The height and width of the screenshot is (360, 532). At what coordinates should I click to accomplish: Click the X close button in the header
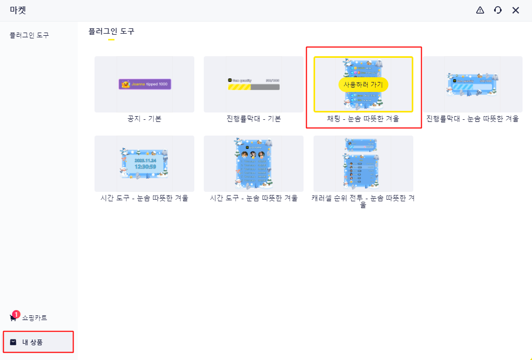(516, 10)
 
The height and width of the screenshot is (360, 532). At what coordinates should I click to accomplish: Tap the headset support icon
(498, 10)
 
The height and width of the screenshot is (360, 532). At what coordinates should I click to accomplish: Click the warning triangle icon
(480, 10)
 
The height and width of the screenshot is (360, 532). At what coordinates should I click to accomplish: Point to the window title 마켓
(18, 10)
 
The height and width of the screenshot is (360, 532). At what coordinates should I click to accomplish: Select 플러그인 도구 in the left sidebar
(29, 35)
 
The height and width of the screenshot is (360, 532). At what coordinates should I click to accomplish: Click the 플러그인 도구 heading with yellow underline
(111, 32)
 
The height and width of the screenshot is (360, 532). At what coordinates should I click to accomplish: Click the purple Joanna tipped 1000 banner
(145, 84)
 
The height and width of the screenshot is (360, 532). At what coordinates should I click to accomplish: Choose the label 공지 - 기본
(144, 119)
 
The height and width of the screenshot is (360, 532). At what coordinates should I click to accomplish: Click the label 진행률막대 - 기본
(254, 119)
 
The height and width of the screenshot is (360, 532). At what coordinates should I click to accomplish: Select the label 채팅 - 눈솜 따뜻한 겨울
(363, 119)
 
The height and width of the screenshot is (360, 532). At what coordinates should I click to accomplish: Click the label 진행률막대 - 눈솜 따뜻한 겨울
(473, 119)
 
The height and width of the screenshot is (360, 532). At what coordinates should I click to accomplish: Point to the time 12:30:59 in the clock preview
(145, 167)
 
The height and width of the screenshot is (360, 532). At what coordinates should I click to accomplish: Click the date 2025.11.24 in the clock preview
(145, 160)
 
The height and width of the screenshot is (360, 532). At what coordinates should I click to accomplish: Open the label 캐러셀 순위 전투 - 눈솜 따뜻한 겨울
(363, 201)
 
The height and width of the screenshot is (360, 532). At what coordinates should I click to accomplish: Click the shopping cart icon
(13, 318)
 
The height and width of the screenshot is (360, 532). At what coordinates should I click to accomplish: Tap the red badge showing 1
(16, 314)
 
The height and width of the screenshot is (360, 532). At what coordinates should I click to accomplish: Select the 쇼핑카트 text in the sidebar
(35, 318)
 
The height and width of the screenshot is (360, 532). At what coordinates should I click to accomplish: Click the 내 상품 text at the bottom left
(33, 342)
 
